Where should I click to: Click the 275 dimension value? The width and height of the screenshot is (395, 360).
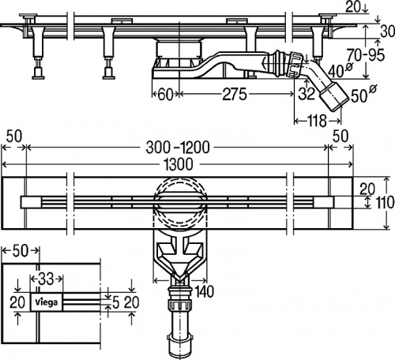[x=235, y=95]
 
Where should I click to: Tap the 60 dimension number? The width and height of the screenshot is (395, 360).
[x=166, y=95]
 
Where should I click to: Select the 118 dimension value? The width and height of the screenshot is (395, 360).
[x=318, y=121]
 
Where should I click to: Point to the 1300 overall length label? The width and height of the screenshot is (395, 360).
[x=179, y=164]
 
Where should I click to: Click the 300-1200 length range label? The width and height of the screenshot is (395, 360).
[x=178, y=148]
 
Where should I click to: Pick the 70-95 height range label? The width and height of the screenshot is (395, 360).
[x=366, y=55]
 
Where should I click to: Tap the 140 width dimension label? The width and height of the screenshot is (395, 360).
[x=204, y=291]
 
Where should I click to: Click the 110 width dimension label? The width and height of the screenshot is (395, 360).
[x=386, y=203]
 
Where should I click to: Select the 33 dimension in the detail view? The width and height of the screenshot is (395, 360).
[x=46, y=279]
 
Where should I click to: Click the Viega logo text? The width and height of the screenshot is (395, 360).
[x=47, y=302]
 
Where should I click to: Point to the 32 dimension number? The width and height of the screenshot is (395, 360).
[x=307, y=93]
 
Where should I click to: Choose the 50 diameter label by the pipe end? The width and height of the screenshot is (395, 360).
[x=363, y=95]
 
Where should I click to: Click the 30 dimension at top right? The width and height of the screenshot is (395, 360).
[x=388, y=32]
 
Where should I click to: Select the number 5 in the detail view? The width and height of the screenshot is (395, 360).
[x=115, y=303]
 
